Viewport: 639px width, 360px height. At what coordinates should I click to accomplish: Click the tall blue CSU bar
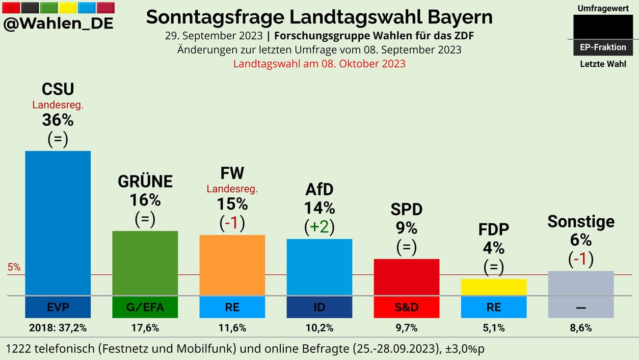tap(58, 223)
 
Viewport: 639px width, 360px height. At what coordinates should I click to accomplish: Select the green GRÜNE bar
tap(145, 263)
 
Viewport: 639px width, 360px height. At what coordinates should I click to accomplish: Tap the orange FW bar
tap(232, 265)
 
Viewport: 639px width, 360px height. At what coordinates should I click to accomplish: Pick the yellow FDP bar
tap(493, 287)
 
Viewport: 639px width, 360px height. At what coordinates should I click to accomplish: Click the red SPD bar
tap(407, 277)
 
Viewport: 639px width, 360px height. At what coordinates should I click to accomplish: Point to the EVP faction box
tap(58, 307)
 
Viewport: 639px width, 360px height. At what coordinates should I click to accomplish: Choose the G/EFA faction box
tap(145, 307)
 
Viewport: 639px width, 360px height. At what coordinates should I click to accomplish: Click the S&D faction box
tap(407, 307)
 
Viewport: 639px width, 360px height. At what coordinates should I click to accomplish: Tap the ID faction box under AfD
tap(320, 307)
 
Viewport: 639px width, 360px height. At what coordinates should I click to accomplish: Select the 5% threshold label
tap(14, 267)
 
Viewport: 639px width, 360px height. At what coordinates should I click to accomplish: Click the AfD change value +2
tap(319, 227)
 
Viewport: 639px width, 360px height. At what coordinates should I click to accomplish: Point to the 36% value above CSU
tap(58, 120)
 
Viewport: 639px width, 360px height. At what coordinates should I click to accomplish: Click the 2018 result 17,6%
tap(145, 328)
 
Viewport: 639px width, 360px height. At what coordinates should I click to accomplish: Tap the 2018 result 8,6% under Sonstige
tap(581, 328)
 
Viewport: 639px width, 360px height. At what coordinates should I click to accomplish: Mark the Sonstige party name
tap(581, 222)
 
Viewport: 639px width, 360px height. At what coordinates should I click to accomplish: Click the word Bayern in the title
tap(460, 17)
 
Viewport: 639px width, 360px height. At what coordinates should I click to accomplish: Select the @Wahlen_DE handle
tap(58, 23)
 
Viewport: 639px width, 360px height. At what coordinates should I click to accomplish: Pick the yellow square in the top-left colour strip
tap(68, 8)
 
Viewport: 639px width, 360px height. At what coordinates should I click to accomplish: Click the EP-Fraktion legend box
tap(603, 47)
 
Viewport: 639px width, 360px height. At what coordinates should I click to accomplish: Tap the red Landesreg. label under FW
tap(232, 189)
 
